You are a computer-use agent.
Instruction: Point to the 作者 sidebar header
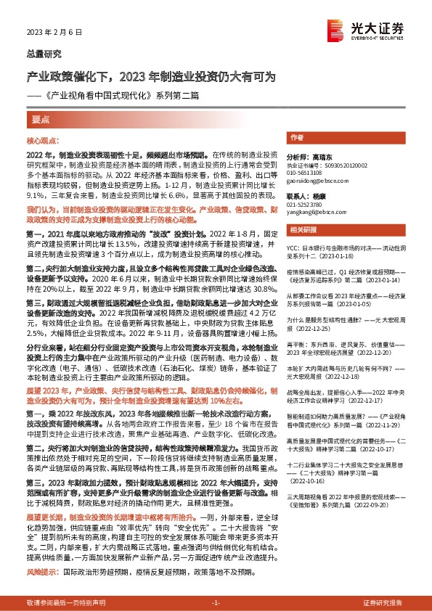pyautogui.click(x=297, y=137)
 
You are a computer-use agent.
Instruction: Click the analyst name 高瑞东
pyautogui.click(x=319, y=156)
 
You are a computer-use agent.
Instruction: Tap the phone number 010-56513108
pyautogui.click(x=306, y=173)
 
